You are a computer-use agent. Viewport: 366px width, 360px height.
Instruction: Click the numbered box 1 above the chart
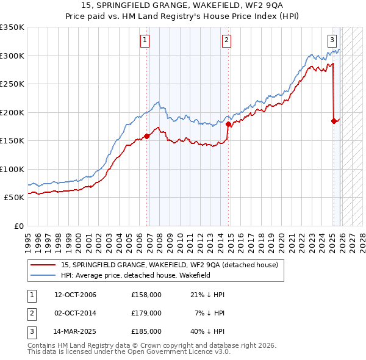click(x=145, y=41)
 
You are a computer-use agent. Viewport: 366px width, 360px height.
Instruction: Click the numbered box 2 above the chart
click(x=226, y=41)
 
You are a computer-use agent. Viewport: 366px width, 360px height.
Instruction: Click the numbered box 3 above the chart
click(x=332, y=41)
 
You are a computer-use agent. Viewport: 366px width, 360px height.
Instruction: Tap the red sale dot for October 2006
click(x=147, y=136)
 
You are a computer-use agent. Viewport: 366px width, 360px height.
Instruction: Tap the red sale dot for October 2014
click(x=229, y=124)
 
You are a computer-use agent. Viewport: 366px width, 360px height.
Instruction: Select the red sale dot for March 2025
click(x=334, y=121)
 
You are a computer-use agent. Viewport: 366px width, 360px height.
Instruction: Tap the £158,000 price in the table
click(x=146, y=295)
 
